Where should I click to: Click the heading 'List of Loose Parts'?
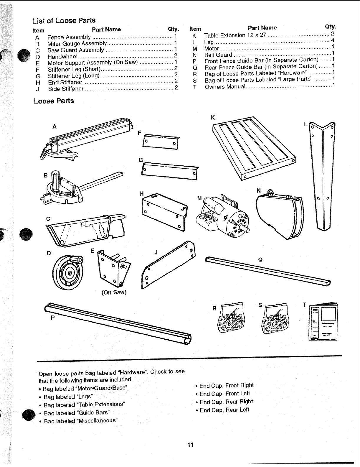pyautogui.click(x=64, y=21)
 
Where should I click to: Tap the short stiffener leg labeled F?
pyautogui.click(x=161, y=142)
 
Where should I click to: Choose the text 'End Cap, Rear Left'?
pyautogui.click(x=224, y=410)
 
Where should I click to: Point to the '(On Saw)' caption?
pyautogui.click(x=114, y=292)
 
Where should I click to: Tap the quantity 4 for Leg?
pyautogui.click(x=333, y=40)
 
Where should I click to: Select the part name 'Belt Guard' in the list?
pyautogui.click(x=218, y=55)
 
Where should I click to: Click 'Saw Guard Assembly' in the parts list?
pyautogui.click(x=76, y=50)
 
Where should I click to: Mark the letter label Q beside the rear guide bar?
pyautogui.click(x=260, y=260)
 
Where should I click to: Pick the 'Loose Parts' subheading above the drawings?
pyautogui.click(x=54, y=101)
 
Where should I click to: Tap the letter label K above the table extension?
pyautogui.click(x=213, y=118)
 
